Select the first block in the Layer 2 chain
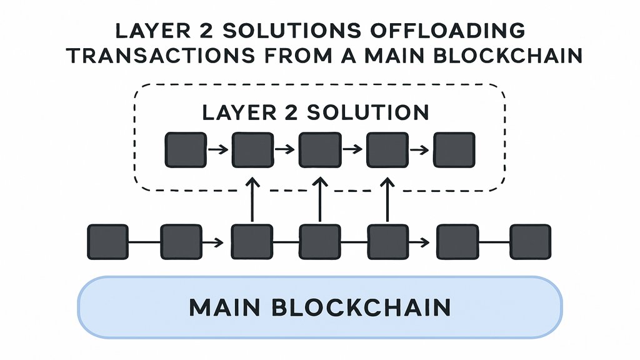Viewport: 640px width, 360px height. [x=186, y=149]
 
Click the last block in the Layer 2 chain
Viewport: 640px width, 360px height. [x=454, y=149]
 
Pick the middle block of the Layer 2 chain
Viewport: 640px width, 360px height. [x=319, y=149]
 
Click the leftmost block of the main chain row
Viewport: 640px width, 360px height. [x=107, y=242]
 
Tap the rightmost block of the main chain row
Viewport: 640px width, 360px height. [x=531, y=242]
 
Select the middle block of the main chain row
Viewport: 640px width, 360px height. [x=319, y=242]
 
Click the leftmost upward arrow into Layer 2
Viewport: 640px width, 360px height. [x=252, y=199]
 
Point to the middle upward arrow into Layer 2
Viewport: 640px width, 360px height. [x=319, y=199]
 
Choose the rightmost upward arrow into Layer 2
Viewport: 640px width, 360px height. [x=387, y=199]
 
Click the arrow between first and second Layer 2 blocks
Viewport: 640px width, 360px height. [x=218, y=150]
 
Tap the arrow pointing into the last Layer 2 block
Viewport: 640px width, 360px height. [x=421, y=150]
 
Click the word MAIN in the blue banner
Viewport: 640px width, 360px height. [x=225, y=307]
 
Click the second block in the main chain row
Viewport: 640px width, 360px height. [x=181, y=242]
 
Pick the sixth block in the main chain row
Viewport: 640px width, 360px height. [x=457, y=242]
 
